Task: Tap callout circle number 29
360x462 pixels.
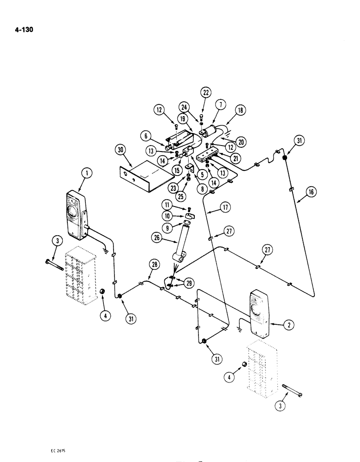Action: click(x=188, y=281)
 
